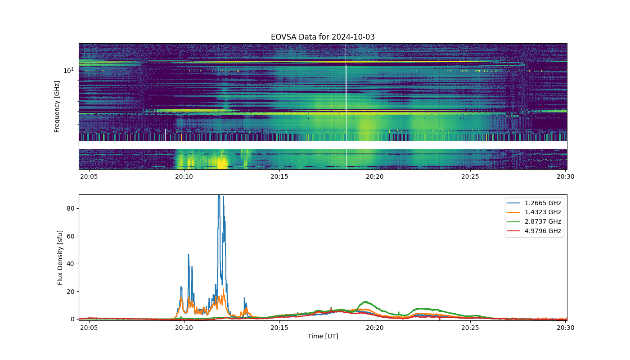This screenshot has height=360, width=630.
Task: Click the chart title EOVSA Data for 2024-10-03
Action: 323,37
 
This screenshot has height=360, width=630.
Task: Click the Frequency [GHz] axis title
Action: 57,107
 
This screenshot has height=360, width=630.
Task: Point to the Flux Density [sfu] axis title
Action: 60,257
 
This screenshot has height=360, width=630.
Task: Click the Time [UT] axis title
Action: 323,337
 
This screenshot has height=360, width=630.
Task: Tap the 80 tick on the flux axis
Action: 71,208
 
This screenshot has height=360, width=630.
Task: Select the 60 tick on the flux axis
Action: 71,236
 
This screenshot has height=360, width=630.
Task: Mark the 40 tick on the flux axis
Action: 71,264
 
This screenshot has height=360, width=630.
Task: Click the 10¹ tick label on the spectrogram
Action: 68,70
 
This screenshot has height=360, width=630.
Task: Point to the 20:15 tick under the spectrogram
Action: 279,176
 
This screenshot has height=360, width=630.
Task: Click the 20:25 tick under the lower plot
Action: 470,328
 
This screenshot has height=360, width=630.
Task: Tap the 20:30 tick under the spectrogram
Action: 565,176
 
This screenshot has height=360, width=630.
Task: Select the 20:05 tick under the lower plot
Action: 89,328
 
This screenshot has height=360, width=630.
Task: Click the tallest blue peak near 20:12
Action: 219,196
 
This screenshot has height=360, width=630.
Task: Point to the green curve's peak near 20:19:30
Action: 365,302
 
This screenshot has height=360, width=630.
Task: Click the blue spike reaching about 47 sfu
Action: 189,255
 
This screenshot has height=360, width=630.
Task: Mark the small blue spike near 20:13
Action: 244,298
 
